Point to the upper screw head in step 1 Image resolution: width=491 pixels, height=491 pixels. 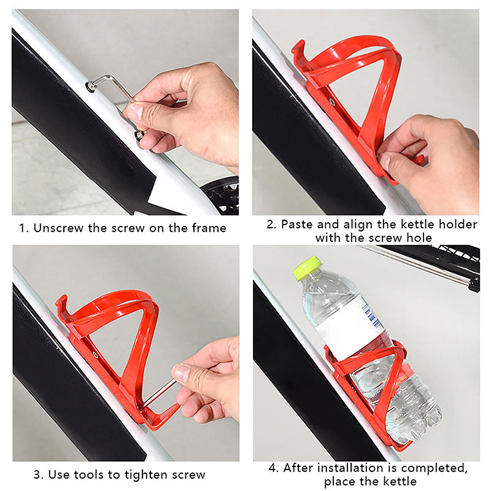click(x=91, y=86)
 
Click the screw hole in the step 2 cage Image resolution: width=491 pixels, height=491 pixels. click(x=332, y=102)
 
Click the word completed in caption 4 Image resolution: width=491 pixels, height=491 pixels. click(x=434, y=468)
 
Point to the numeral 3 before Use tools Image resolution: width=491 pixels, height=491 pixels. click(x=37, y=474)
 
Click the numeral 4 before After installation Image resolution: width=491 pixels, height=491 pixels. click(x=273, y=468)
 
